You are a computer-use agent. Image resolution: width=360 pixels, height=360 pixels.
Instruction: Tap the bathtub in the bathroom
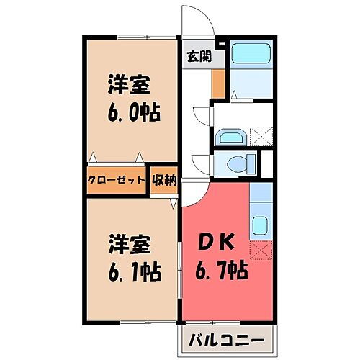(x=251, y=55)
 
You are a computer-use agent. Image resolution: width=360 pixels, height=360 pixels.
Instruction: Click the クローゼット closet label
(x=117, y=180)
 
